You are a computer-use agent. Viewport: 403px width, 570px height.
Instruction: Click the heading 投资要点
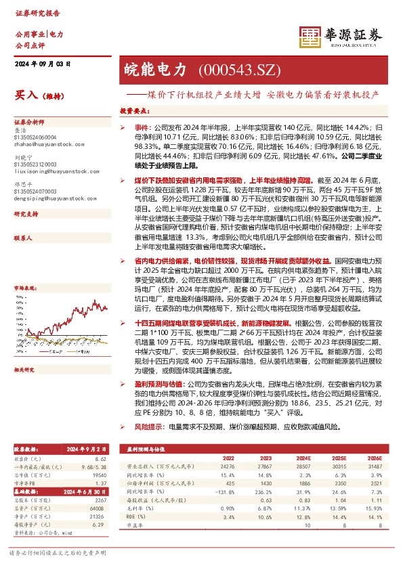pos(134,110)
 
